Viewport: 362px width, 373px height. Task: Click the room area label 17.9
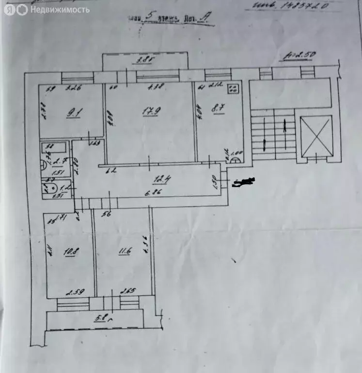(x=149, y=111)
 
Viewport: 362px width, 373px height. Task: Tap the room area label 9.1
(x=75, y=114)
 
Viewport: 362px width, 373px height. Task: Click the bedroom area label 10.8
(x=72, y=252)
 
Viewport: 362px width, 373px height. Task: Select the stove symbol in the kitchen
(x=234, y=88)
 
